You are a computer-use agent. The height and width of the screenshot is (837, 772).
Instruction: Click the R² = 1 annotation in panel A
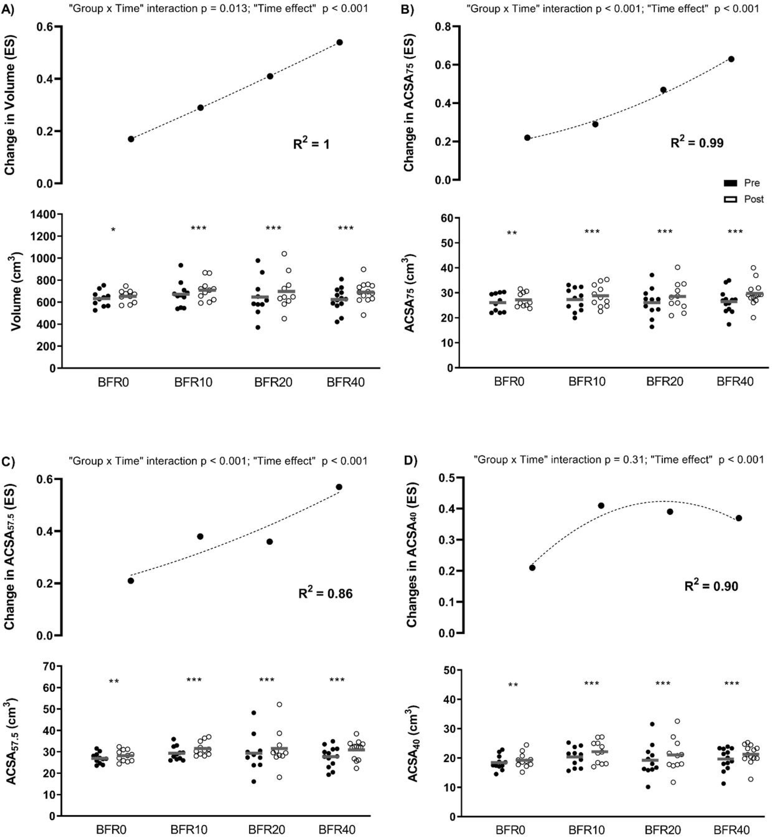pos(311,144)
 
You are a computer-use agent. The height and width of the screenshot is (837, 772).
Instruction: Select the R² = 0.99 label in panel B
pos(697,142)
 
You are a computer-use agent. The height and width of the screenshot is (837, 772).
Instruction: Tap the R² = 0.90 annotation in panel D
pos(711,586)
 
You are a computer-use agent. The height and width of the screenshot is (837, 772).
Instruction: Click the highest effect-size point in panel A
pos(340,42)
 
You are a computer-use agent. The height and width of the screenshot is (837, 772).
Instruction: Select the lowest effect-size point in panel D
pos(532,567)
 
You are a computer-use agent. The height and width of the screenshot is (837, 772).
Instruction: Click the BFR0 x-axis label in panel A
pos(113,382)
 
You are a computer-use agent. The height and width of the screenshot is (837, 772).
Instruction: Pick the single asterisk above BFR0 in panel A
pos(113,229)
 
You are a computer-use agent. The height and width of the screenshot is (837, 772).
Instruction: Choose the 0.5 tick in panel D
pos(445,478)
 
